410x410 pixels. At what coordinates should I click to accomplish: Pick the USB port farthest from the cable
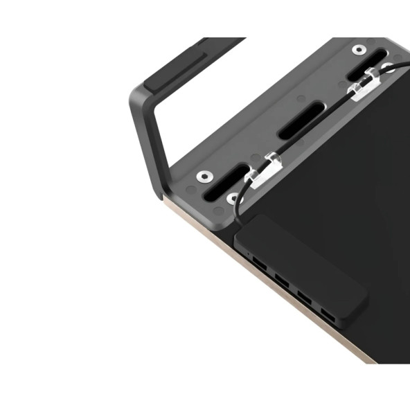click(326, 317)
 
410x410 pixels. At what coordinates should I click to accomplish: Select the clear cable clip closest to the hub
click(263, 170)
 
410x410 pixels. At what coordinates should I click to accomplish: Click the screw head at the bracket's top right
click(359, 50)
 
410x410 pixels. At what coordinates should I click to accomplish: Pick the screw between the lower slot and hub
click(233, 199)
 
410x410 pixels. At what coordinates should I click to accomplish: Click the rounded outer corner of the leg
click(137, 97)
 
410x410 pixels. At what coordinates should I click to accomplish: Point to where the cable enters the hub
click(239, 220)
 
